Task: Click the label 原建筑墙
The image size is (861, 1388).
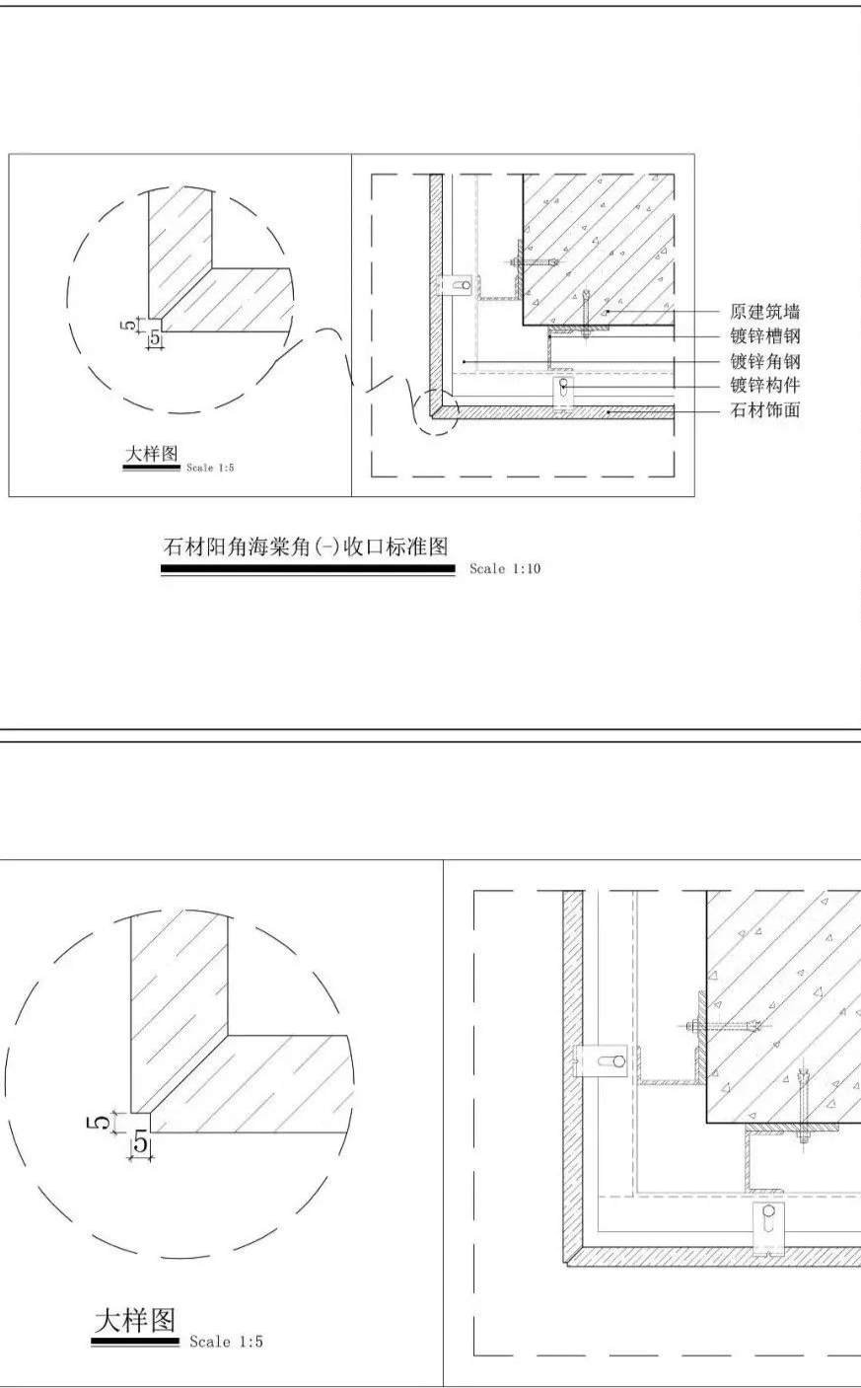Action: (x=765, y=312)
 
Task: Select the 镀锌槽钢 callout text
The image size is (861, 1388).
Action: (x=765, y=336)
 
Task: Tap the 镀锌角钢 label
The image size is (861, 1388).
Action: (x=765, y=361)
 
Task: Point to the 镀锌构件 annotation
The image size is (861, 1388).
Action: (x=765, y=386)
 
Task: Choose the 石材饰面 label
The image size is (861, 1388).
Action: (x=765, y=409)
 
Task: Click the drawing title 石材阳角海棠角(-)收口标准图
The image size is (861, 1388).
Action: (x=306, y=547)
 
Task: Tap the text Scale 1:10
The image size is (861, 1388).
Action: (x=505, y=569)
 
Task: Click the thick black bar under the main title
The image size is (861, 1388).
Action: (x=308, y=568)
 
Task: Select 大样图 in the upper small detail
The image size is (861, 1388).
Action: (x=151, y=454)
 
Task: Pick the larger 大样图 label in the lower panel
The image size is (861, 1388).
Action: (x=135, y=1321)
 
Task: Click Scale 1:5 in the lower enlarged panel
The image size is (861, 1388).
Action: (x=226, y=1343)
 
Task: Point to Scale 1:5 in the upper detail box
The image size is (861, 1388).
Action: (x=211, y=468)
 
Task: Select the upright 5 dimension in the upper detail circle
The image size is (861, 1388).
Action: (x=155, y=338)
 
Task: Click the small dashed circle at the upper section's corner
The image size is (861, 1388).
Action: (x=437, y=411)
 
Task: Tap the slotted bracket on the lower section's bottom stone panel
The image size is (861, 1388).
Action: (x=768, y=1229)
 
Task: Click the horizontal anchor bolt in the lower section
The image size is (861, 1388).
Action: (x=722, y=1027)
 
